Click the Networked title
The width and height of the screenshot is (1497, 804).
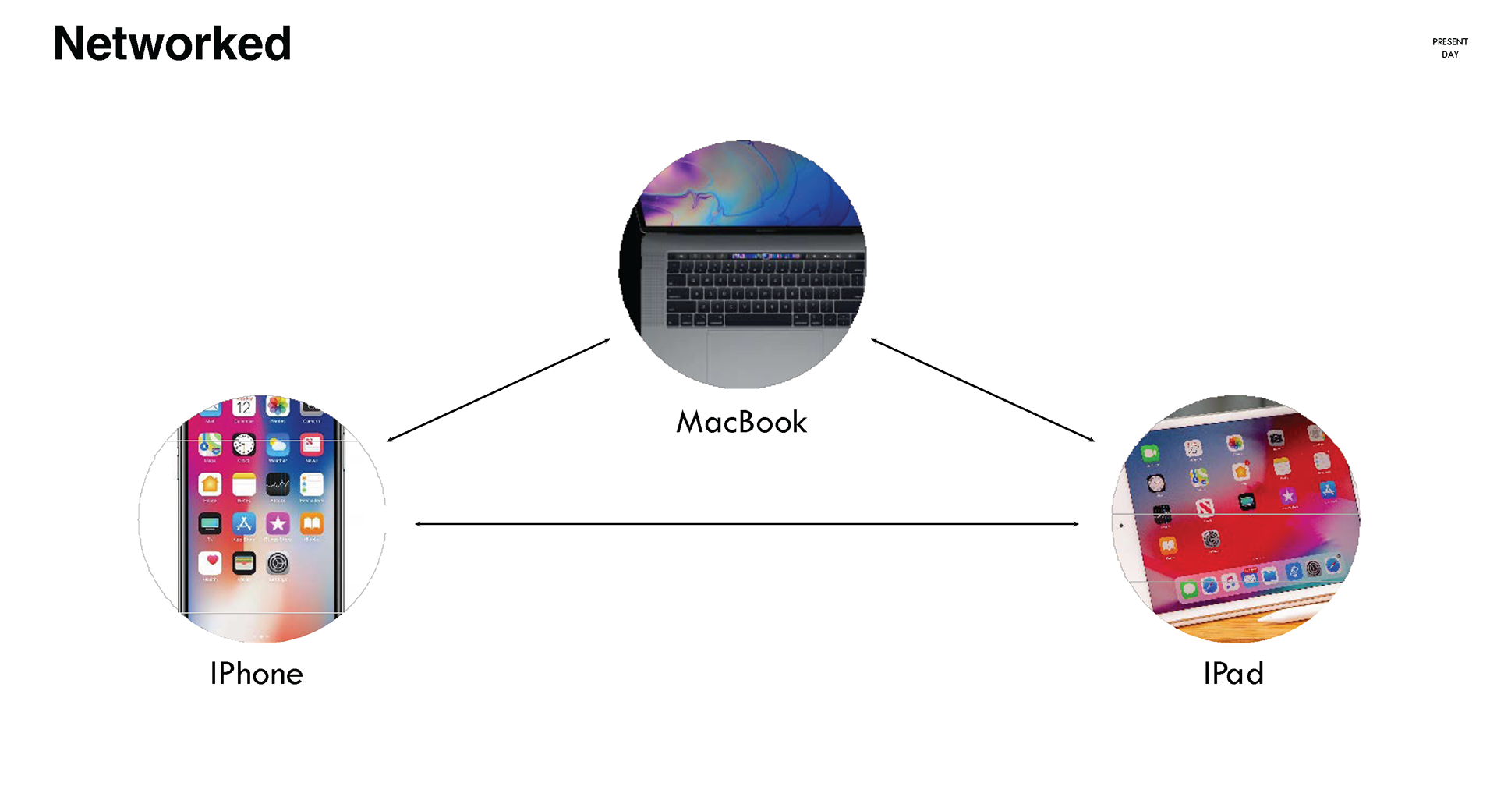click(x=172, y=44)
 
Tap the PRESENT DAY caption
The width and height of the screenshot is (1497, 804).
click(x=1449, y=48)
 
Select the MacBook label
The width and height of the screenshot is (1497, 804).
click(x=741, y=422)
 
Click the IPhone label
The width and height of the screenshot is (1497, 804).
click(x=257, y=674)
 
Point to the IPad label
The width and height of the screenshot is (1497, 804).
click(x=1233, y=674)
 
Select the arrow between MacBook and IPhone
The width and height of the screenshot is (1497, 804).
click(x=498, y=390)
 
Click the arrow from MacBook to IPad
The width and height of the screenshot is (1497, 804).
click(x=982, y=390)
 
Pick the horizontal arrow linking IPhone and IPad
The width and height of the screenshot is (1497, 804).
click(x=747, y=524)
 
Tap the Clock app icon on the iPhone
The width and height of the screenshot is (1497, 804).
click(x=244, y=445)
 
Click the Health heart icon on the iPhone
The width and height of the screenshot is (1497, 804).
click(x=210, y=562)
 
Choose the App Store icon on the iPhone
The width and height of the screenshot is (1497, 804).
click(x=244, y=523)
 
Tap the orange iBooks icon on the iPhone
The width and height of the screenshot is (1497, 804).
click(x=312, y=523)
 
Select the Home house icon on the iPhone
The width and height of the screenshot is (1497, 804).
click(x=210, y=484)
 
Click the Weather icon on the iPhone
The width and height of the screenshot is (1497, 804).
click(x=278, y=445)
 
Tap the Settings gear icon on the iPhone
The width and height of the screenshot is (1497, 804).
click(x=278, y=562)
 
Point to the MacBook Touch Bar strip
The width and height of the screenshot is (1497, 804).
click(x=764, y=256)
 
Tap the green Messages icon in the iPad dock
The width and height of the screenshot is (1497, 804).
click(x=1188, y=590)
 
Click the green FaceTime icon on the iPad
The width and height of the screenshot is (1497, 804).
click(x=1149, y=453)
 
